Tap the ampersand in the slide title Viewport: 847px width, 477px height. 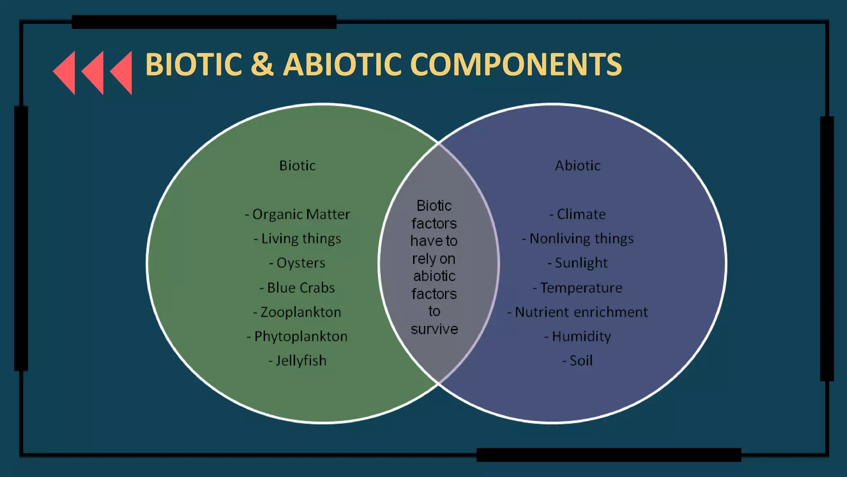[262, 65]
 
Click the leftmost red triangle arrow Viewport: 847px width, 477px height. [65, 72]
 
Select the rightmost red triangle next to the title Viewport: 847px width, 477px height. [122, 72]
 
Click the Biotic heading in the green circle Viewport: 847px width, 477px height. [297, 166]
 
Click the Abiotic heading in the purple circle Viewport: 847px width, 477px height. [577, 166]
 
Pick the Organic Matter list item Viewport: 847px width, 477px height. [297, 214]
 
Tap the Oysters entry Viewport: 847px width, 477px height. [297, 263]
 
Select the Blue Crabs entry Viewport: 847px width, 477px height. [297, 288]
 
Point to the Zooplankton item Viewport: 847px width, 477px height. [297, 312]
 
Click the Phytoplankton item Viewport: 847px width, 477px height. [297, 337]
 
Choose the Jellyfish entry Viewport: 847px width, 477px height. [297, 361]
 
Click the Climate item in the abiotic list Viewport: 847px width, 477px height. [577, 214]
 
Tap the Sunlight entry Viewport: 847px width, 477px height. [577, 263]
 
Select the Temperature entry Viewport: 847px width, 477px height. [577, 288]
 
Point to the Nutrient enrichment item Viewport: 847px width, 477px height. [577, 312]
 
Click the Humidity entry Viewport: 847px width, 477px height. [577, 337]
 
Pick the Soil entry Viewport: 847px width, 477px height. [577, 361]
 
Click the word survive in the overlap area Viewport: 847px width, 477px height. [434, 329]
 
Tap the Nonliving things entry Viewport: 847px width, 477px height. [577, 239]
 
